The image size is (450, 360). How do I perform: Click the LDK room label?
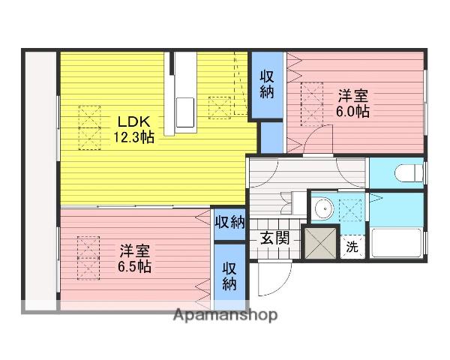point(134,121)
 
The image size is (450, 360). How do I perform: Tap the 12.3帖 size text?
point(134,137)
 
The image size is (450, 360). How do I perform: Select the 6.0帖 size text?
point(352,111)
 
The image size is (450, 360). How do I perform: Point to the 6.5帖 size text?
point(134,266)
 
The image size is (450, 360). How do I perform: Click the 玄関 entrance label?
point(274,238)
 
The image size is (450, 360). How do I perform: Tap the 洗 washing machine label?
point(352,247)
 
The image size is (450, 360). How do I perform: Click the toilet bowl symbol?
point(409,173)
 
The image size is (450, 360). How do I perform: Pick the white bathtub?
point(396,242)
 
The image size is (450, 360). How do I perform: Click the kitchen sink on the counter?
point(184,112)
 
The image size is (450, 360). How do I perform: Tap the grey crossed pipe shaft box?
point(320,243)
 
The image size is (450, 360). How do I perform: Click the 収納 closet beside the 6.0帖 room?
point(267,85)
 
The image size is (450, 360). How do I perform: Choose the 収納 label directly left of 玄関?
point(230,222)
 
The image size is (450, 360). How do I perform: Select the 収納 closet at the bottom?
point(229,275)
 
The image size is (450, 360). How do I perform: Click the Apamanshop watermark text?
point(225,315)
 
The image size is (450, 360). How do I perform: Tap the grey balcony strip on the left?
point(40,181)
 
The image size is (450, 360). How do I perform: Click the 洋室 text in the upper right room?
point(352,96)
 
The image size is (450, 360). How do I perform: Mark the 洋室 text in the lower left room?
point(135,251)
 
